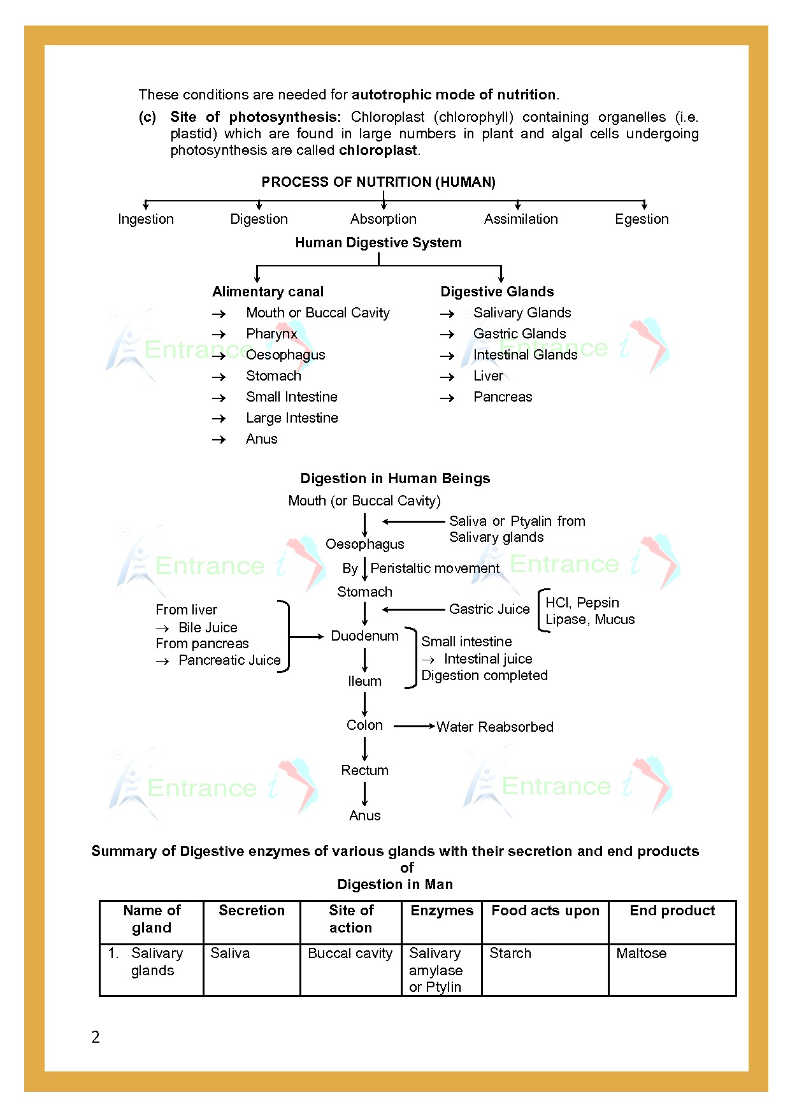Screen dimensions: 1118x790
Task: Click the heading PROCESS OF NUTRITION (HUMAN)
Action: coord(378,182)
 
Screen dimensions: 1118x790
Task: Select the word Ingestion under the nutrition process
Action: coord(146,219)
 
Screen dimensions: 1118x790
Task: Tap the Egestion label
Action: coord(642,219)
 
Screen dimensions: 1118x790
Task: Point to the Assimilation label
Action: coord(521,219)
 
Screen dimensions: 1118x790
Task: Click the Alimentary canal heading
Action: coord(268,292)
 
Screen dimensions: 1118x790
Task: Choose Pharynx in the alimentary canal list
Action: coord(271,334)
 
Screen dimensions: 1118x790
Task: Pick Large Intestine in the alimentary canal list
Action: coord(292,418)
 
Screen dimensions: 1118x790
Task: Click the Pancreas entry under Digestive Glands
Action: coord(503,397)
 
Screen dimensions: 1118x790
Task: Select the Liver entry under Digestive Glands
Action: coord(488,376)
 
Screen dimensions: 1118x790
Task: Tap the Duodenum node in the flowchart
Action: coord(364,636)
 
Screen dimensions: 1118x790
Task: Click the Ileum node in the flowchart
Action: coord(364,681)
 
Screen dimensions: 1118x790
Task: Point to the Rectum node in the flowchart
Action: coord(364,771)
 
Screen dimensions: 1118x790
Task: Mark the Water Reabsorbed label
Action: coord(495,727)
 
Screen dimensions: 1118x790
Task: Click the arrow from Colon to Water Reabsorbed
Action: coord(414,726)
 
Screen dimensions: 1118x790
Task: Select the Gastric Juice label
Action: coord(489,609)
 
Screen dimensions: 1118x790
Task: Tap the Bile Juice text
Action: coord(208,628)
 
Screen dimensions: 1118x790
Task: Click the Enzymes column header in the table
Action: coord(442,911)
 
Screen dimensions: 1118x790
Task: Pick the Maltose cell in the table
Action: coord(641,954)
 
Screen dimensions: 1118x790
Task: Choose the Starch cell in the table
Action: coord(510,954)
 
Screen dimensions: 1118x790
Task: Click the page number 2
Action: coord(96,1037)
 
